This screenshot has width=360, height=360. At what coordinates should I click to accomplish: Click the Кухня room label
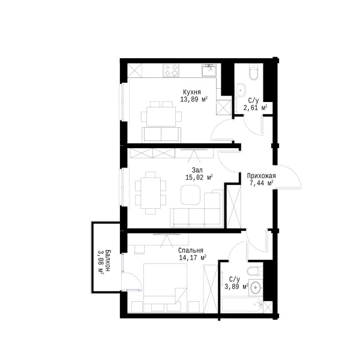[x=192, y=92]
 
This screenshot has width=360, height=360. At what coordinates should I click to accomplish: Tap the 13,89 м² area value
[x=194, y=100]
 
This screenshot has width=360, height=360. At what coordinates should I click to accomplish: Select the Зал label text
[x=197, y=170]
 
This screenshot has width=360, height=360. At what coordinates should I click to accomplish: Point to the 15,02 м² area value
[x=199, y=178]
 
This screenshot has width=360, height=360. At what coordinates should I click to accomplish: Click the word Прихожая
[x=261, y=176]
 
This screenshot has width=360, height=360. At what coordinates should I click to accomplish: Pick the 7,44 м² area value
[x=261, y=183]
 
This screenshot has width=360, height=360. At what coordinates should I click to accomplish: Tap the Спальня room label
[x=191, y=250]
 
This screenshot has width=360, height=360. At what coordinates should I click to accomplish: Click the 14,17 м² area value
[x=193, y=257]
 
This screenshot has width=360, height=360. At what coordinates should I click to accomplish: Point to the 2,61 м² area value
[x=256, y=107]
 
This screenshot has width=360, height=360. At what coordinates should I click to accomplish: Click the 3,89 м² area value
[x=236, y=287]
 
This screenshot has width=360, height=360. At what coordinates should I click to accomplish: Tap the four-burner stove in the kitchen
[x=171, y=70]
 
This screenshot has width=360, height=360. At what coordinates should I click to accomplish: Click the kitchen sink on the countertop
[x=209, y=70]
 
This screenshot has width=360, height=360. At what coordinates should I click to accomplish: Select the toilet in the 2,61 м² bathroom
[x=254, y=72]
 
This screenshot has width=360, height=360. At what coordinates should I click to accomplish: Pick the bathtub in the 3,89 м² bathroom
[x=242, y=305]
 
